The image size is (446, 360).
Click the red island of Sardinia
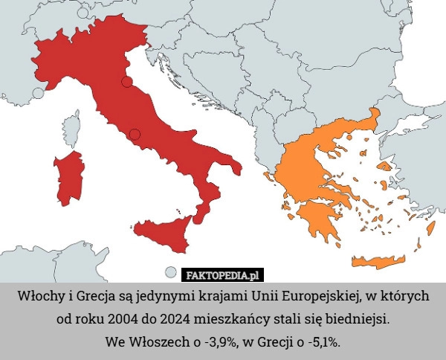68,179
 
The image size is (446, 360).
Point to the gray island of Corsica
71,129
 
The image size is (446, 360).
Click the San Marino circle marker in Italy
127,81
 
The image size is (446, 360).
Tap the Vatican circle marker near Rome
135,134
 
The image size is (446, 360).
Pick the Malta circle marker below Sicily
171,272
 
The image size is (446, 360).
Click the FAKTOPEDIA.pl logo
223,274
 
